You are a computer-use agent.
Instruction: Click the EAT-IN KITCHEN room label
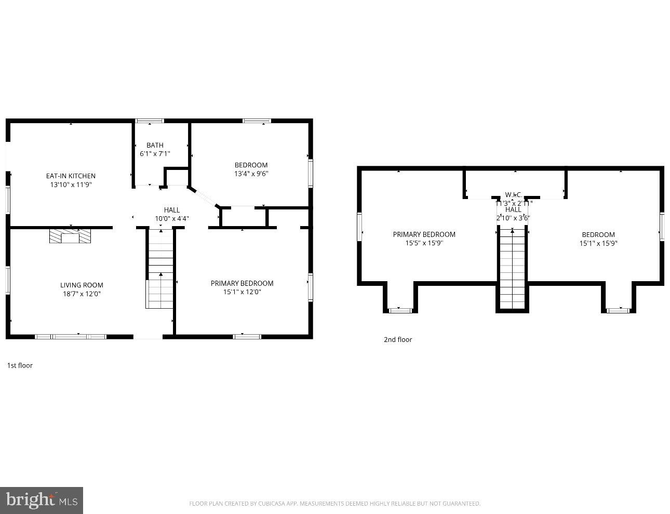pos(71,176)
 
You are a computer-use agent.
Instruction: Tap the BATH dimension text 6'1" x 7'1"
pos(155,154)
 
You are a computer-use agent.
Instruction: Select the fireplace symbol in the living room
pos(70,237)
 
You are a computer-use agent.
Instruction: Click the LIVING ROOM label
pos(82,285)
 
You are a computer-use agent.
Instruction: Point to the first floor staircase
pos(160,270)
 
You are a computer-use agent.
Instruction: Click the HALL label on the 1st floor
pos(172,210)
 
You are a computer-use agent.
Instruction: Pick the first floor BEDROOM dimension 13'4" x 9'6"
pos(251,174)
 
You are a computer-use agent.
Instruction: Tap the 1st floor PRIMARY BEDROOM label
pos(242,283)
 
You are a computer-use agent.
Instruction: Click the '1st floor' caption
pos(20,365)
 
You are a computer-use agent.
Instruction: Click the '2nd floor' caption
pos(398,339)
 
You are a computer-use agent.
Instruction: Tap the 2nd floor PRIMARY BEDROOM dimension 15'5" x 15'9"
pos(424,243)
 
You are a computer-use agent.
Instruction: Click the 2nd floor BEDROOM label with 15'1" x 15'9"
pos(598,234)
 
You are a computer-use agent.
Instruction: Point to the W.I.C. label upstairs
pos(513,195)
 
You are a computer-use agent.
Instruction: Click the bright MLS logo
pos(42,500)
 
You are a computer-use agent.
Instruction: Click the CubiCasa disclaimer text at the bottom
pos(334,503)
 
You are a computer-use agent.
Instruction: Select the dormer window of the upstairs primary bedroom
pos(400,310)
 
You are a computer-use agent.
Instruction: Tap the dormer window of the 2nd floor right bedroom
pos(618,310)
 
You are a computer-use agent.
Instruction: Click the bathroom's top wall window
pos(150,121)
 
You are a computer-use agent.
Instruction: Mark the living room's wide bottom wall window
pos(71,337)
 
